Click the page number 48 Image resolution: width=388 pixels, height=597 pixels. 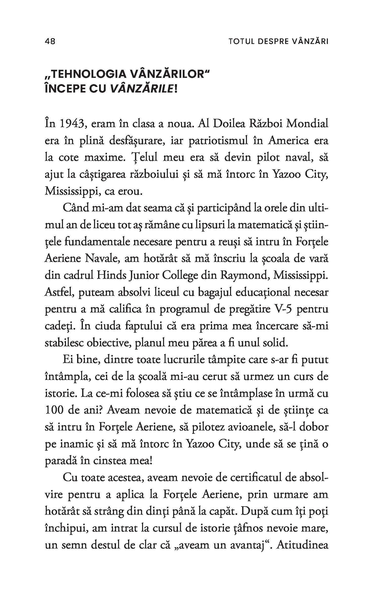tap(50, 41)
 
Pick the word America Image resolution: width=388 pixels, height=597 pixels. tap(288, 141)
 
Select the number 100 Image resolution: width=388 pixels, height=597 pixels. tap(54, 410)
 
